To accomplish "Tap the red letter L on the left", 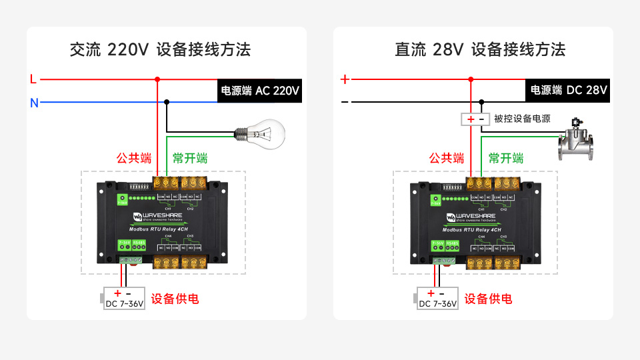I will click(33, 79).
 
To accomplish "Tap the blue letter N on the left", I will click(33, 103).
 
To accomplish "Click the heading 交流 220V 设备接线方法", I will click(160, 49).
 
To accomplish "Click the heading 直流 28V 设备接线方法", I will click(480, 49).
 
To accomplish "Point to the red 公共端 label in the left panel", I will click(134, 159).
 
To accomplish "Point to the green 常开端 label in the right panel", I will click(506, 159).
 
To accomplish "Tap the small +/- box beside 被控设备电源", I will click(475, 119).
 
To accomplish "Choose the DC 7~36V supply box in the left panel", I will click(123, 299).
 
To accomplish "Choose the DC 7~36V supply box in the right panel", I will click(437, 299).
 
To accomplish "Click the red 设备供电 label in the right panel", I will click(489, 299).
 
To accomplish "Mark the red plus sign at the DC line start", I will click(345, 79).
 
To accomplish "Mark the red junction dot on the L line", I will click(157, 79).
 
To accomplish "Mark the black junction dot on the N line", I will click(167, 102).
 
